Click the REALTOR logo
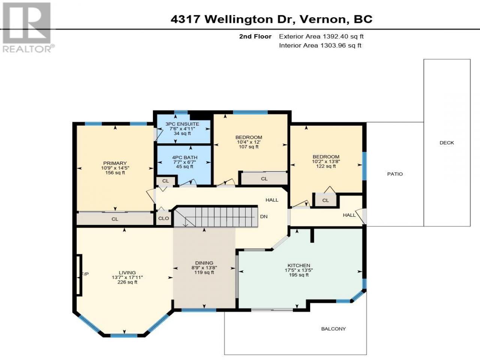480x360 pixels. (x=27, y=27)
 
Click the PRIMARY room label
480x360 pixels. (x=115, y=163)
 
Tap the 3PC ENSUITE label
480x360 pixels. (x=182, y=124)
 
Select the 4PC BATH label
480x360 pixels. (x=184, y=157)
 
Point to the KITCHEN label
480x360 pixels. (x=299, y=265)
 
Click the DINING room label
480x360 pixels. (x=204, y=263)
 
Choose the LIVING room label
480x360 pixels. (x=127, y=273)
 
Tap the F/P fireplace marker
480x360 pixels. (x=85, y=274)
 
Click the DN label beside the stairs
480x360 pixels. (x=264, y=216)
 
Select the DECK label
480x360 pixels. (x=447, y=143)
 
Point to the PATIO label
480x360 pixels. (x=395, y=174)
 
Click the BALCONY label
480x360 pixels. (x=333, y=329)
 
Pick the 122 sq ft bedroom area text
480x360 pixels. (x=326, y=166)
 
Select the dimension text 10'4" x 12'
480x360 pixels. (x=249, y=142)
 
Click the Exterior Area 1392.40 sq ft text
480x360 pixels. (x=321, y=36)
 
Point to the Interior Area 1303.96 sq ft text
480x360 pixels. (x=320, y=45)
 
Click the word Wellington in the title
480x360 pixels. (x=239, y=19)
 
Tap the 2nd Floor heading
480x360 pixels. (x=255, y=36)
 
